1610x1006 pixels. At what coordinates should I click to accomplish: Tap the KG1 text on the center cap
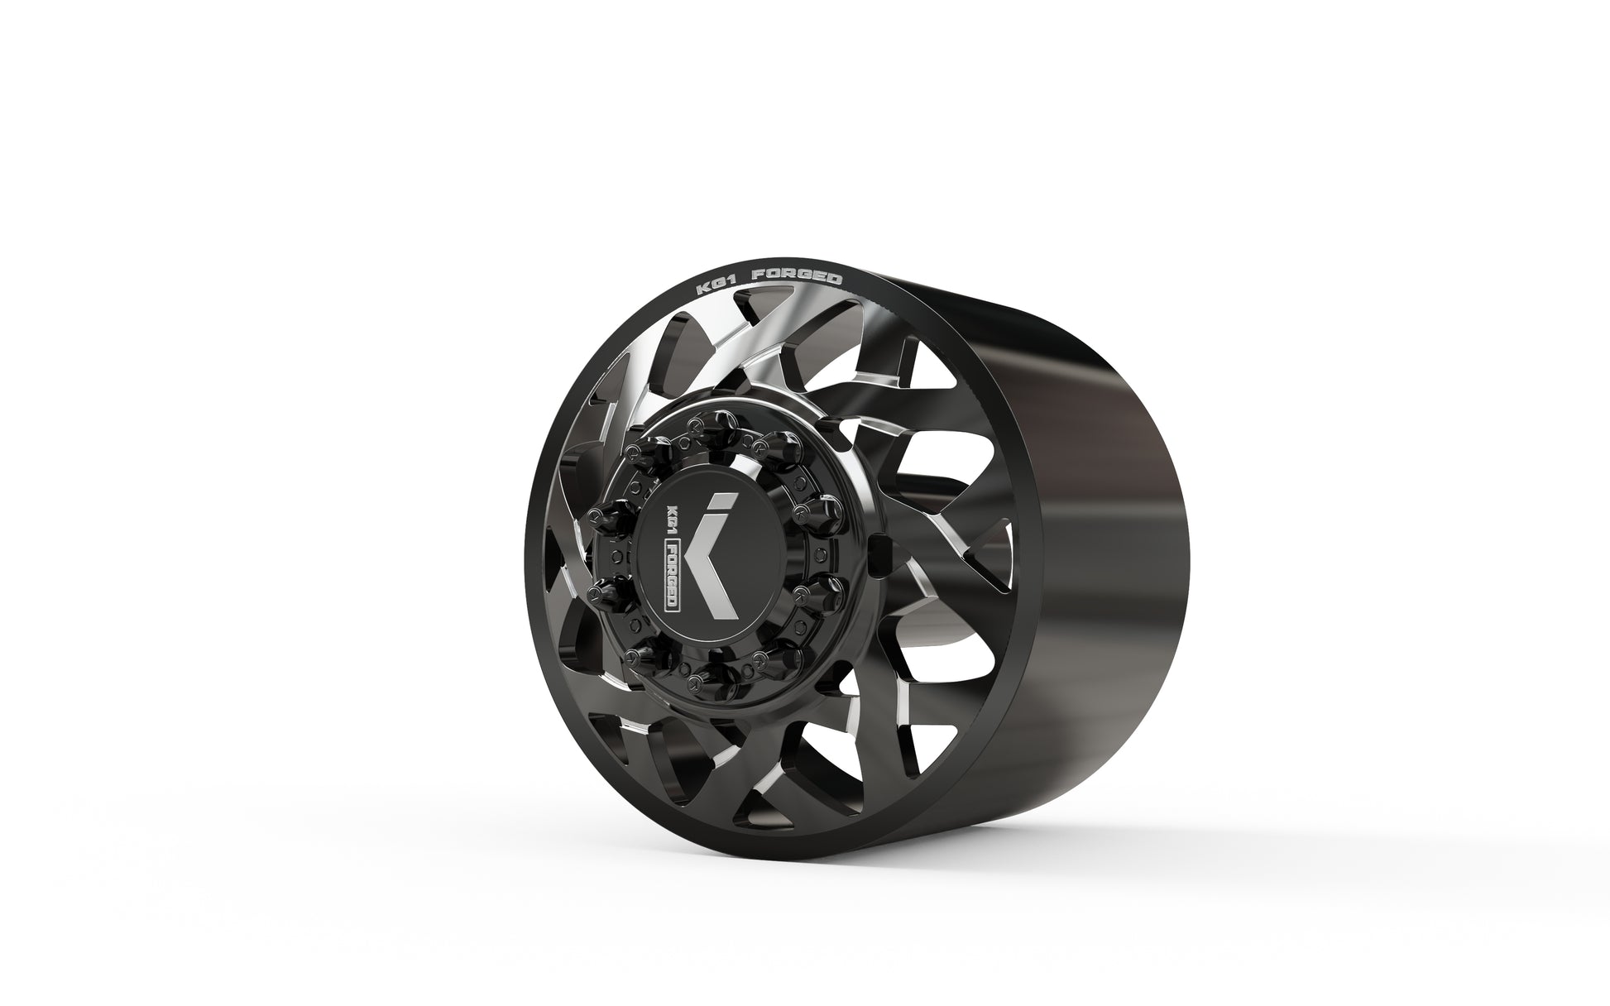point(672,516)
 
